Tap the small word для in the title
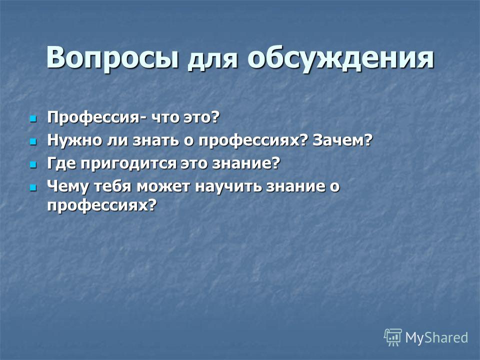tap(212, 59)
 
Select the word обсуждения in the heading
tap(340, 58)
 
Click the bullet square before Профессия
tap(32, 118)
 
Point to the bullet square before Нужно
tap(32, 141)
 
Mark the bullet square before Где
tap(32, 164)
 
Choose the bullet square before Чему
tap(32, 187)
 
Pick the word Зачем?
tap(342, 140)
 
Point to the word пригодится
tap(128, 164)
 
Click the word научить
tap(228, 186)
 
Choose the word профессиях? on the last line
tap(102, 205)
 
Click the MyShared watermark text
tap(436, 337)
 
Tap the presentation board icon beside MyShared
tap(393, 337)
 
